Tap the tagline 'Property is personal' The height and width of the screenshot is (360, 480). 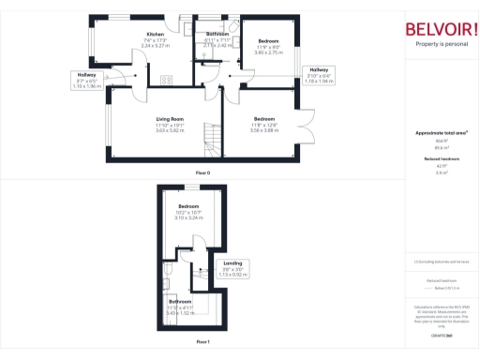pyautogui.click(x=439, y=44)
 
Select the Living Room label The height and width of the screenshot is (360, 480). pyautogui.click(x=170, y=118)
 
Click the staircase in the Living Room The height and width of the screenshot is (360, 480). pyautogui.click(x=215, y=142)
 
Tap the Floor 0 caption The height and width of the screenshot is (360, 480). pyautogui.click(x=202, y=173)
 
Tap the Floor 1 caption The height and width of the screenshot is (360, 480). pyautogui.click(x=202, y=342)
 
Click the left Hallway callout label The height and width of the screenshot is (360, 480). pyautogui.click(x=86, y=74)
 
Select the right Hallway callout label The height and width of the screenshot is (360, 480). pyautogui.click(x=319, y=70)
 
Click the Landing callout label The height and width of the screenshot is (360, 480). pyautogui.click(x=233, y=263)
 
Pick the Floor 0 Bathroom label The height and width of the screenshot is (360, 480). pyautogui.click(x=218, y=34)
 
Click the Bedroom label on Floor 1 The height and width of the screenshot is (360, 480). pyautogui.click(x=188, y=205)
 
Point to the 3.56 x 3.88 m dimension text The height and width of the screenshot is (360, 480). pyautogui.click(x=265, y=129)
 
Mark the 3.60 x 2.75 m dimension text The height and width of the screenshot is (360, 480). pyautogui.click(x=269, y=52)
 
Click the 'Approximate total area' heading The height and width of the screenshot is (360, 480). pyautogui.click(x=441, y=133)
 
